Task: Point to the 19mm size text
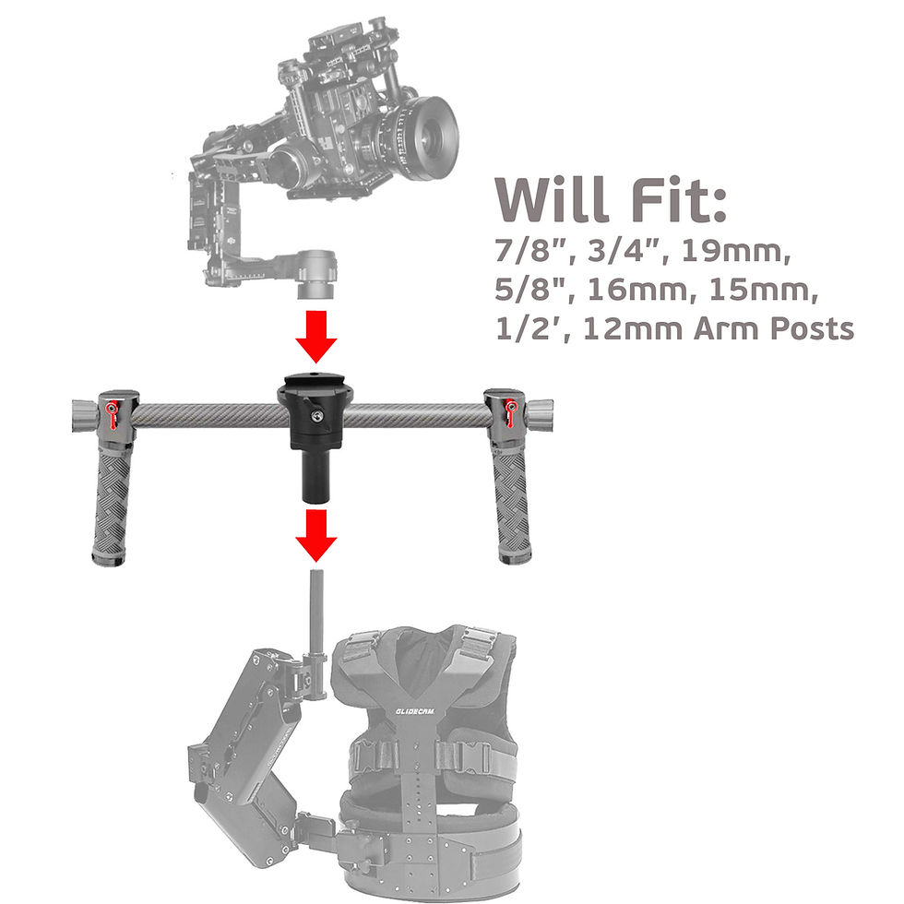coord(736,251)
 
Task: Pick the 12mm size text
coord(633,328)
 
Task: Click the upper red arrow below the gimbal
coord(315,336)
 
